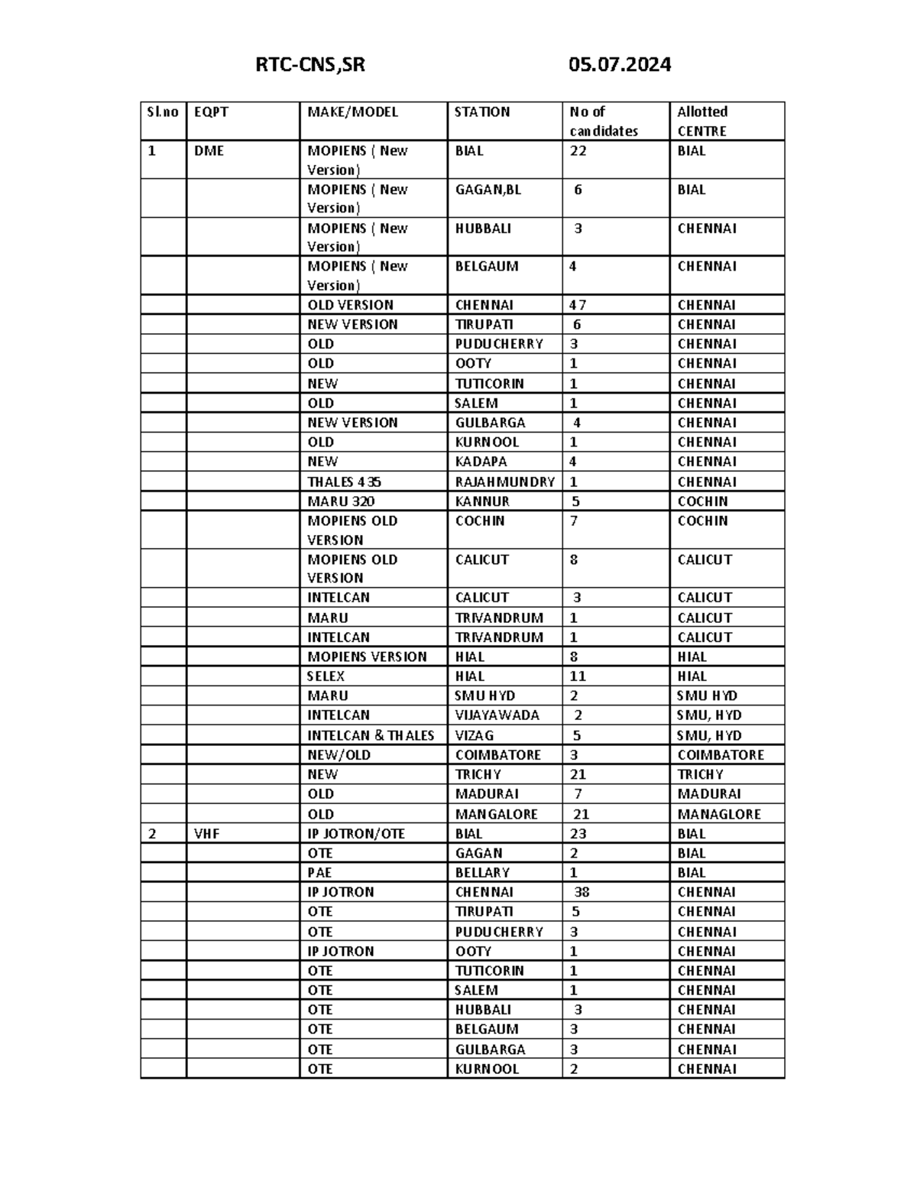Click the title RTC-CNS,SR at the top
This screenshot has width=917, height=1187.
(x=309, y=65)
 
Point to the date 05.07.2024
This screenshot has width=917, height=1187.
(x=619, y=65)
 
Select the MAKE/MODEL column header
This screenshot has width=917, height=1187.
(x=352, y=112)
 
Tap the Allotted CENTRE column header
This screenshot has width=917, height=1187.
(x=702, y=121)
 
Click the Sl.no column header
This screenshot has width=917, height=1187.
(x=162, y=112)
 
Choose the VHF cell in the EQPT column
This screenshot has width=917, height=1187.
(x=206, y=834)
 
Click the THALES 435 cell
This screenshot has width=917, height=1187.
(x=344, y=482)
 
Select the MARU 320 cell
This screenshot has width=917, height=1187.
(x=341, y=501)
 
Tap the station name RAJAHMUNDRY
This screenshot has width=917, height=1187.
(x=504, y=482)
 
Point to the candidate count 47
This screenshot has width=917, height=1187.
(x=578, y=305)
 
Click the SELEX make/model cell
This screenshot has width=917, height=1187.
(x=326, y=676)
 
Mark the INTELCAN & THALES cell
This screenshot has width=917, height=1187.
(x=371, y=735)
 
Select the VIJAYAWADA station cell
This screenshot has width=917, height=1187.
(x=497, y=715)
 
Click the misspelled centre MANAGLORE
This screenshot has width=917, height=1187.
(x=718, y=814)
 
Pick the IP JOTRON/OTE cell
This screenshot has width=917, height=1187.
(x=356, y=834)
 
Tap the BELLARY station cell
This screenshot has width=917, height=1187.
(x=482, y=873)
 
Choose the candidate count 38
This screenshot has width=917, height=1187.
(x=582, y=892)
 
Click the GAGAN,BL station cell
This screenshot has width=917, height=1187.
(x=488, y=190)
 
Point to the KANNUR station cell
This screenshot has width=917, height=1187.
(x=482, y=501)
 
